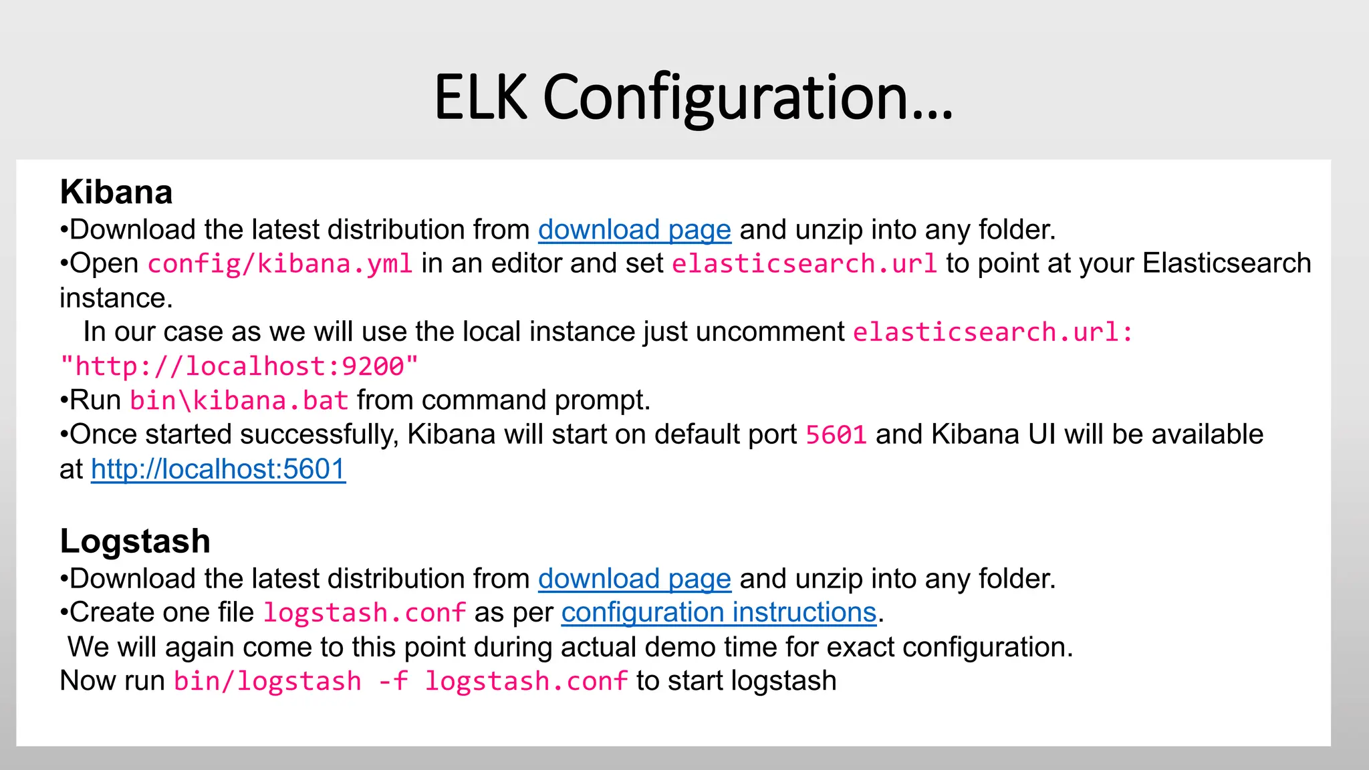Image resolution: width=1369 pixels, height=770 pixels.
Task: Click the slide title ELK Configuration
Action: click(x=693, y=98)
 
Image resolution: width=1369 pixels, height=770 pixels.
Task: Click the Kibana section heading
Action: click(x=116, y=192)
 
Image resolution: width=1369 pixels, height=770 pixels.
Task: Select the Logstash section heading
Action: click(x=135, y=541)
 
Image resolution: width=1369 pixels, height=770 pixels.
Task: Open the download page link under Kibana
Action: click(x=634, y=230)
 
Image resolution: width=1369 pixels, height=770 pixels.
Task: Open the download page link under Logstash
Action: click(x=634, y=579)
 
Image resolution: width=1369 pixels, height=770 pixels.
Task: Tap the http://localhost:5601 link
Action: click(x=218, y=469)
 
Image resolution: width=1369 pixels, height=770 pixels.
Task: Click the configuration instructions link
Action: click(x=719, y=612)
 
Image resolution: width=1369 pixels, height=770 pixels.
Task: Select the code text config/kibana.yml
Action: click(x=280, y=264)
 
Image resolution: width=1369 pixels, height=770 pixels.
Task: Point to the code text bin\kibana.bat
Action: click(x=239, y=400)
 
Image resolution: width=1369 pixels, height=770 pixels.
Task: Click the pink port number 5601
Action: click(x=836, y=435)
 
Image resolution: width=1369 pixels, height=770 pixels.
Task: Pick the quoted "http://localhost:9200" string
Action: click(x=239, y=366)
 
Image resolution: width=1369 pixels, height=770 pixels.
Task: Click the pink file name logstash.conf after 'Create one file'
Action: click(x=364, y=613)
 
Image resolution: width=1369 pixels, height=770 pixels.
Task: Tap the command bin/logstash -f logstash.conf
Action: click(x=400, y=681)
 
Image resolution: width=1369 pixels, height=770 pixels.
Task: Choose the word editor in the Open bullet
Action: click(x=521, y=263)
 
